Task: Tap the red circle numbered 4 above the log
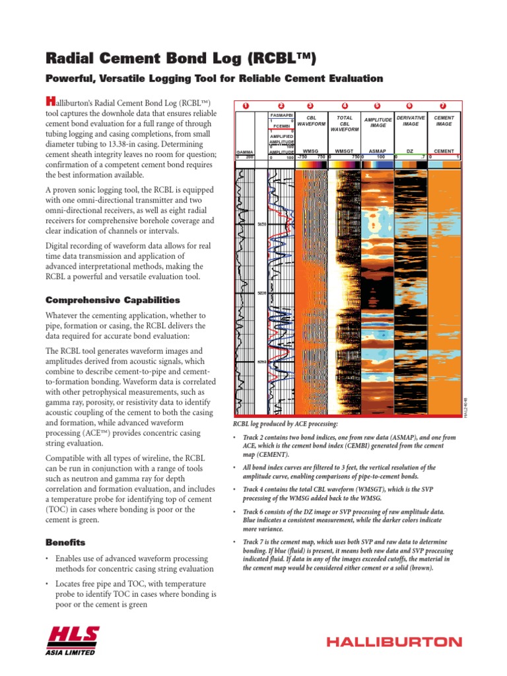coord(345,106)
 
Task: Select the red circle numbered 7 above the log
coord(443,106)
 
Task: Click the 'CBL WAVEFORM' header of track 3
coord(312,120)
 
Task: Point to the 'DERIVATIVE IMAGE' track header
coord(410,120)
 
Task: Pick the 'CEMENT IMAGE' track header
coord(444,120)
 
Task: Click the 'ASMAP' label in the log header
coord(377,151)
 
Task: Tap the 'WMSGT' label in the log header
coord(344,151)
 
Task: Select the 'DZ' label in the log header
coord(410,151)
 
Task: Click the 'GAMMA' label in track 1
coord(244,152)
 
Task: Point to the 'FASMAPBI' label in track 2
coord(282,115)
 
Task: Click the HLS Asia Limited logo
coord(73,638)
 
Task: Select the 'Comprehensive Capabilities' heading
coord(112,300)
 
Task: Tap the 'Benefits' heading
coord(65,542)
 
